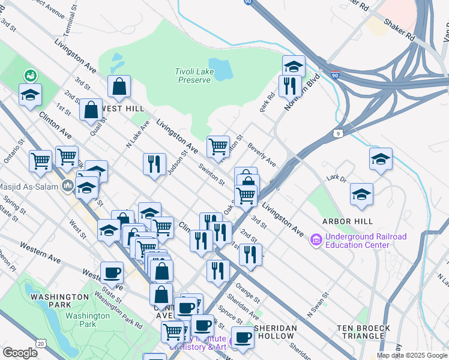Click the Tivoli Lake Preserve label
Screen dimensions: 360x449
(x=192, y=76)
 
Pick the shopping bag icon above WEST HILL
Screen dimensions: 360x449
(x=119, y=86)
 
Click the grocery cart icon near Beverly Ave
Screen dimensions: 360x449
(x=218, y=146)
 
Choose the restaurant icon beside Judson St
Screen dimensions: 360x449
(x=154, y=163)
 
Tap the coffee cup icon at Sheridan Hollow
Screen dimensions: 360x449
(x=243, y=338)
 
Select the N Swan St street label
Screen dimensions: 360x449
(x=318, y=304)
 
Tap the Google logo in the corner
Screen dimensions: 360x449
(x=20, y=353)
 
